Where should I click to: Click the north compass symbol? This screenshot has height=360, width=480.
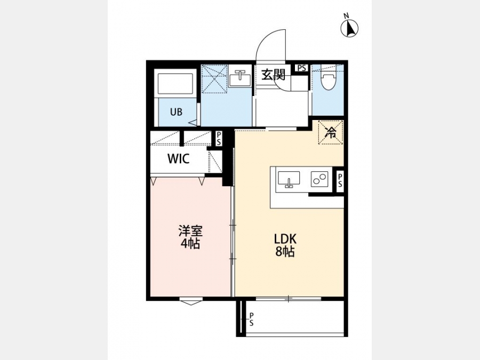[349, 28]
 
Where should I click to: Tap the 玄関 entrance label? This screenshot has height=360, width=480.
[273, 75]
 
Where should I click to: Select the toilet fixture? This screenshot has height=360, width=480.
[327, 80]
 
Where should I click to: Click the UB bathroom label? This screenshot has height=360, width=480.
[177, 112]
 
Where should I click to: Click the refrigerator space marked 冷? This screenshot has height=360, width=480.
[331, 132]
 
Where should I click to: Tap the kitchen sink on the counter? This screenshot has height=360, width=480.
[289, 179]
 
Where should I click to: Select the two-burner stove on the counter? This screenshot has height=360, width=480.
[319, 179]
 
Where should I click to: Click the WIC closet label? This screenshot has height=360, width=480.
[179, 158]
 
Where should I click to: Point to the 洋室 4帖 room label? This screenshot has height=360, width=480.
[190, 237]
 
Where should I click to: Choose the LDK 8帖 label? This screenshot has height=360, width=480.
[285, 245]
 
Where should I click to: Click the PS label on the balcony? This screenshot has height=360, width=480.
[251, 319]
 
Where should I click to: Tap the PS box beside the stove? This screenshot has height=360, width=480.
[340, 181]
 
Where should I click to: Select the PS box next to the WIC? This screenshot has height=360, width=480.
[219, 138]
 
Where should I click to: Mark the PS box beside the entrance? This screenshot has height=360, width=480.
[301, 68]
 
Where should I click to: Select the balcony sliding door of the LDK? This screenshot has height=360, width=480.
[289, 299]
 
